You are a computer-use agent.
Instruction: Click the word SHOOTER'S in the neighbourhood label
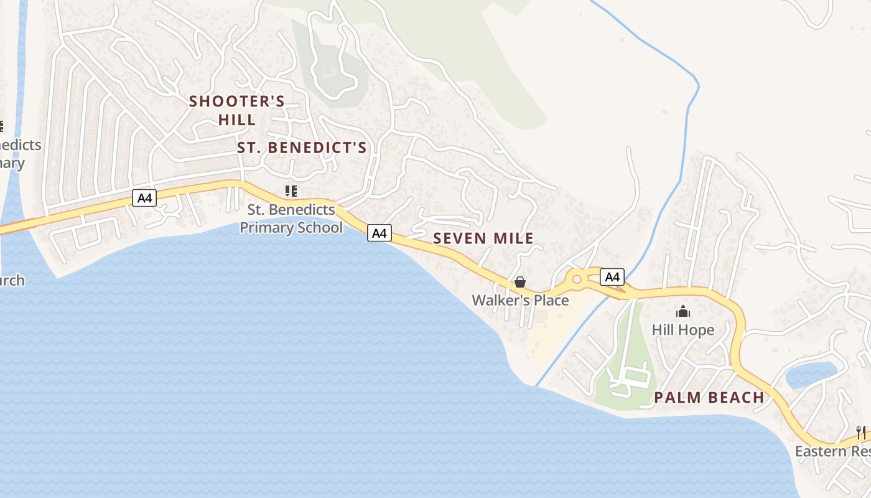[237, 101]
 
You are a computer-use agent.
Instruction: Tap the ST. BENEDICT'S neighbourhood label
[302, 148]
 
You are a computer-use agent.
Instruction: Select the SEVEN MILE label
[483, 238]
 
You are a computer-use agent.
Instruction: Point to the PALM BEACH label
[709, 397]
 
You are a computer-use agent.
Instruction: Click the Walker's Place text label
[520, 300]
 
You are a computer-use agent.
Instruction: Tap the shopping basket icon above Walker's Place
[520, 283]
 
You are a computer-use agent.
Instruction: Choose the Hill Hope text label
[683, 329]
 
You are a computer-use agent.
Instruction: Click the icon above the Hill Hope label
[683, 311]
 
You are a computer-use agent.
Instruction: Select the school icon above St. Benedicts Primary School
[291, 191]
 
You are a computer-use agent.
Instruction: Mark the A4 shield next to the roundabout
[612, 277]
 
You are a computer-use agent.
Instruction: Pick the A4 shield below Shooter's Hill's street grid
[144, 199]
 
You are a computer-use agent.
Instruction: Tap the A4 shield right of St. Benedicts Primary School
[380, 233]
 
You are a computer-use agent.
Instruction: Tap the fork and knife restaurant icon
[861, 432]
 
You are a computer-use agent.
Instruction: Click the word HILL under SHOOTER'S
[237, 120]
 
